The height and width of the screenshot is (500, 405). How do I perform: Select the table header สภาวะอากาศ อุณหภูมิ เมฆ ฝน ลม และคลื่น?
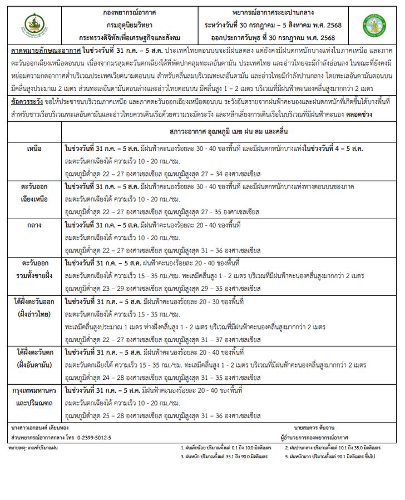[231, 131]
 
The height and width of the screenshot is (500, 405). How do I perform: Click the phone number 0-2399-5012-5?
[94, 437]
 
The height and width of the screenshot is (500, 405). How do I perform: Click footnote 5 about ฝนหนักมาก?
[330, 456]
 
